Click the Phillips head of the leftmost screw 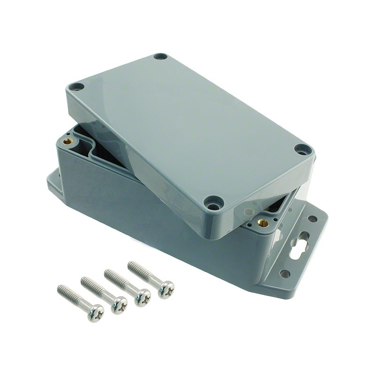[96, 310]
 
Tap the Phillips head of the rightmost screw [165, 289]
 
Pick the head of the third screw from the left [142, 297]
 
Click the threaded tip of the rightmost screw [132, 265]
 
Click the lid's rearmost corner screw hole [161, 57]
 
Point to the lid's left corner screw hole [77, 87]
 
